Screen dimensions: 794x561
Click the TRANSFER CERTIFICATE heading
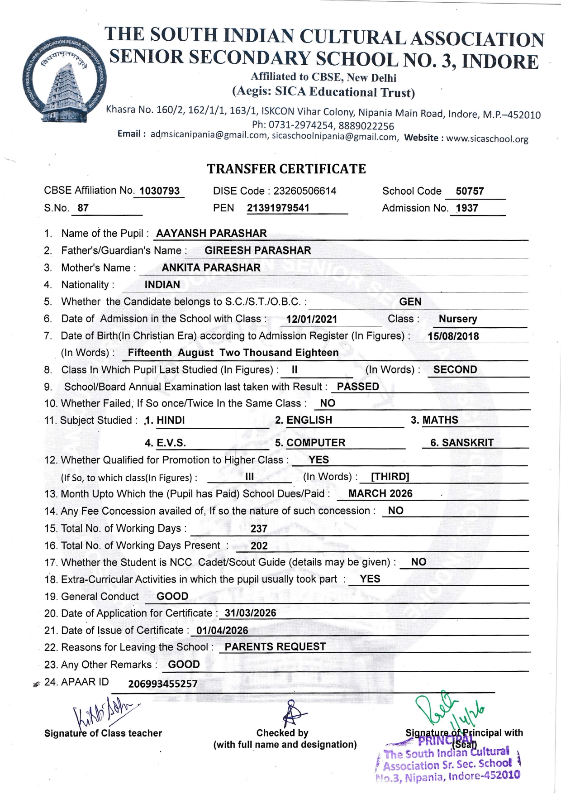coord(286,169)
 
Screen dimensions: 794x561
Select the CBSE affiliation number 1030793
coord(159,191)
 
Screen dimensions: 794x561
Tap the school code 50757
coord(470,191)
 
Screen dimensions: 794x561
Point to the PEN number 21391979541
coord(278,208)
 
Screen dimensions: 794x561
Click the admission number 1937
coord(467,208)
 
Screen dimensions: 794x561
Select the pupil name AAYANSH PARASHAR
coord(211,234)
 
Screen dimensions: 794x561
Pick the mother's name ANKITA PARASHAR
coord(211,268)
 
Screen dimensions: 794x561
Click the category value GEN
coord(410,302)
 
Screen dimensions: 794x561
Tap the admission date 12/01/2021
coord(312,319)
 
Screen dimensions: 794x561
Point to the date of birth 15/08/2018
coord(453,336)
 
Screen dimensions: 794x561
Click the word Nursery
coord(458,319)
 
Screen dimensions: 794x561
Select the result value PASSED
coord(358,387)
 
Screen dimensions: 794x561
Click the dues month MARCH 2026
coord(380,494)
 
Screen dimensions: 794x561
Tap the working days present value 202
coord(259,546)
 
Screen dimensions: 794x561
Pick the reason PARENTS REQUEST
coord(275,647)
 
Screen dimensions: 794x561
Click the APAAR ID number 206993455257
coord(163,684)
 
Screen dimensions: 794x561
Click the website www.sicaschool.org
coord(487,139)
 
